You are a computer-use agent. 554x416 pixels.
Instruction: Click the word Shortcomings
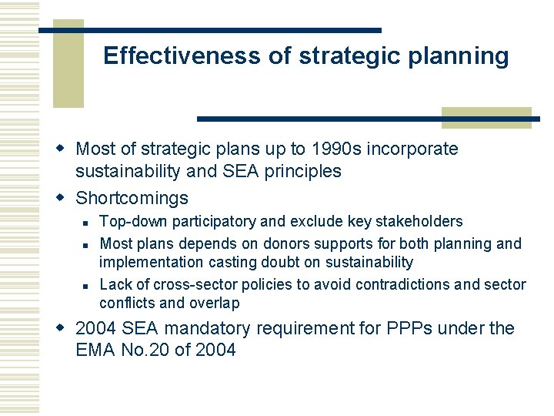point(132,198)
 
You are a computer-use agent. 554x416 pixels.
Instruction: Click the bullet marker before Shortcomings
point(65,198)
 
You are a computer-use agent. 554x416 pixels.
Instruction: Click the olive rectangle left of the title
point(68,69)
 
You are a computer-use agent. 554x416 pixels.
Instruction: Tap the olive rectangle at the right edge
point(486,117)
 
